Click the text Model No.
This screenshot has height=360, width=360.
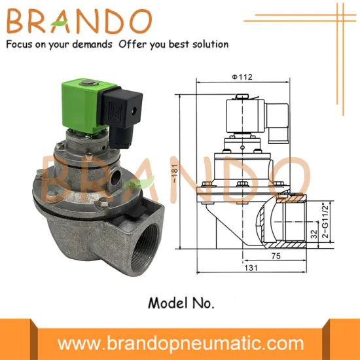click(x=179, y=303)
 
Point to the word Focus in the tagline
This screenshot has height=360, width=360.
click(x=20, y=45)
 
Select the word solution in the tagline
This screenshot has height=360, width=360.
click(x=209, y=45)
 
